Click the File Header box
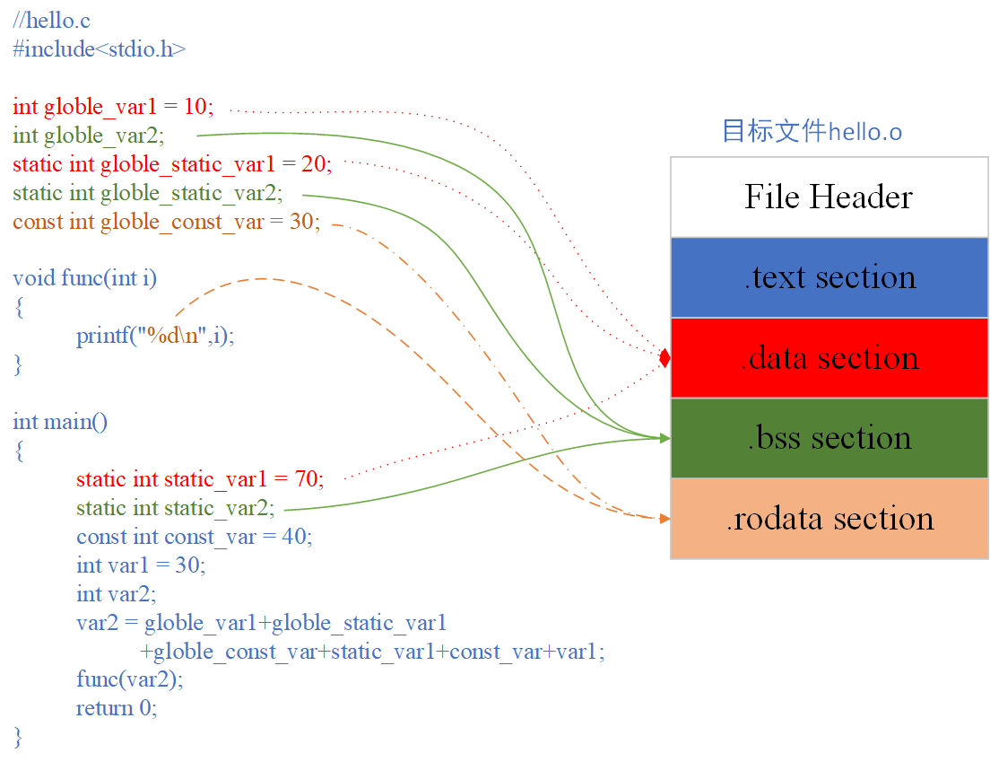tap(829, 197)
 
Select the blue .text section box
tap(829, 277)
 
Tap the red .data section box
tap(829, 358)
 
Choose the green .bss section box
tap(829, 438)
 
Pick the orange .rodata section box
tap(829, 519)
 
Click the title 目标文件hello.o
tap(812, 132)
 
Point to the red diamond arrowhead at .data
tap(664, 358)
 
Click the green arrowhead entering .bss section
tap(664, 438)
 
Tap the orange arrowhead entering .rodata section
tap(664, 519)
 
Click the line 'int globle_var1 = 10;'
tap(113, 107)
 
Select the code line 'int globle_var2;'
tap(89, 136)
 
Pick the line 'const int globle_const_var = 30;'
tap(166, 222)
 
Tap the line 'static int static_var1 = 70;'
tap(199, 478)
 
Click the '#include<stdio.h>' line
tap(99, 48)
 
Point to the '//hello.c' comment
tap(51, 20)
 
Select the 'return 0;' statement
tap(117, 708)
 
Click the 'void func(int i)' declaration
tap(84, 278)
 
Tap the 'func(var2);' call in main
tap(129, 679)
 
